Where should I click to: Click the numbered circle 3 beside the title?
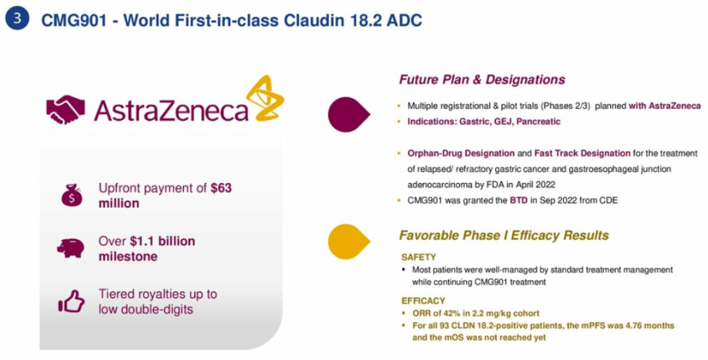pos(17,19)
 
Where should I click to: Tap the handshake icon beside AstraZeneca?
pos(66,110)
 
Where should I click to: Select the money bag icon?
pos(72,195)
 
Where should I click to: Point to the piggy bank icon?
pos(71,249)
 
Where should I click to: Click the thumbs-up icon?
pos(71,301)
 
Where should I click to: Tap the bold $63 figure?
pos(222,188)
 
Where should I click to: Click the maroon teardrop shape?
pos(349,114)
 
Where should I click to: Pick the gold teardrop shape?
pos(349,242)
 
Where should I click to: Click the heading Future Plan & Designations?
pos(482,80)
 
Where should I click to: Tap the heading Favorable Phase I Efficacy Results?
pos(504,235)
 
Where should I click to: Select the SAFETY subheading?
pos(418,258)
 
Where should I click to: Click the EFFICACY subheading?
pos(423,301)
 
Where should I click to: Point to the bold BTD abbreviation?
pos(519,200)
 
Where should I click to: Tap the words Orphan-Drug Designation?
pos(461,153)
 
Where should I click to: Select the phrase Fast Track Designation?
pos(583,153)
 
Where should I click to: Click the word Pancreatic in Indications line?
pos(538,121)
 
